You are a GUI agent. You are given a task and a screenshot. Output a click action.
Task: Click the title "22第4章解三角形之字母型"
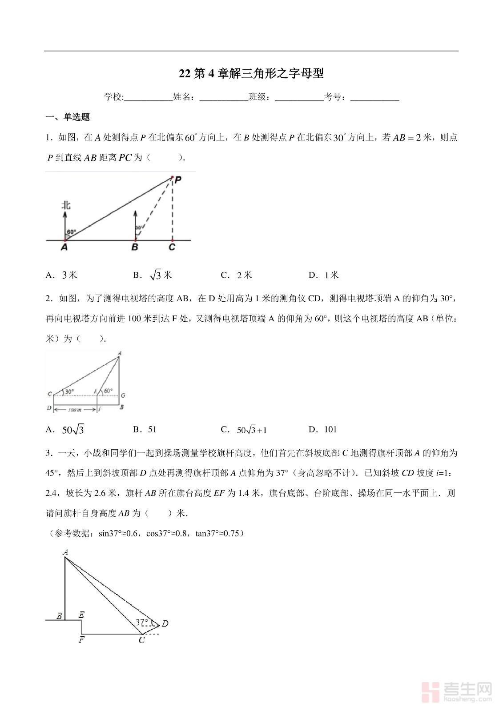pos(251,74)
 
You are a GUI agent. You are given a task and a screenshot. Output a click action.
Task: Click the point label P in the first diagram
pos(178,180)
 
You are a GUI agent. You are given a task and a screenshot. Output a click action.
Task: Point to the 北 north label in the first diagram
pos(66,205)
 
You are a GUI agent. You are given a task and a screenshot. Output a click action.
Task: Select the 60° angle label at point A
pos(72,232)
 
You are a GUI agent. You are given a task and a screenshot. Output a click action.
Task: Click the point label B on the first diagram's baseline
pos(135,248)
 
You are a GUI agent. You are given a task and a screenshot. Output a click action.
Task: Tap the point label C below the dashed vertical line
pos(172,248)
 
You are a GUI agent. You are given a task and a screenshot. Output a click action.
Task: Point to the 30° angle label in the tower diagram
pos(69,392)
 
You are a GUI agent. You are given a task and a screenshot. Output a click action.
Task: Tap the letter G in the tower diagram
pos(123,395)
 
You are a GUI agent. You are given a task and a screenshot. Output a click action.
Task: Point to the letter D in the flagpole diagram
pos(165,624)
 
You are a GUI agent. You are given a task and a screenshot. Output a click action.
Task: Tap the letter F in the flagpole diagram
pos(81,640)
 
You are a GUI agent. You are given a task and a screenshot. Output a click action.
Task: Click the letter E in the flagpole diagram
pos(81,615)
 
